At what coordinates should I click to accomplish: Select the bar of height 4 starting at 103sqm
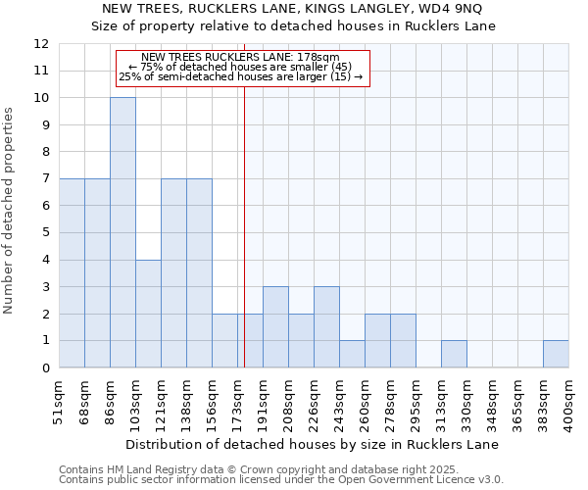(x=148, y=314)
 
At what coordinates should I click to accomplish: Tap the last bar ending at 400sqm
(x=556, y=354)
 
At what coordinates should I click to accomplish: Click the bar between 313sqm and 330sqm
(x=454, y=354)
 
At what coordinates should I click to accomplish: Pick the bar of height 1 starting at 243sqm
(x=352, y=354)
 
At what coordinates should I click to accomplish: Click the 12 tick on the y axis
(x=41, y=44)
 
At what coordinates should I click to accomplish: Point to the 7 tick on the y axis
(x=45, y=179)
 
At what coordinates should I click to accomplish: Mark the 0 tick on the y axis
(x=45, y=367)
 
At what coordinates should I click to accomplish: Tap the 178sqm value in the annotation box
(x=319, y=58)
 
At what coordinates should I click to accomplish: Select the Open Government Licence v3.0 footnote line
(x=281, y=480)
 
